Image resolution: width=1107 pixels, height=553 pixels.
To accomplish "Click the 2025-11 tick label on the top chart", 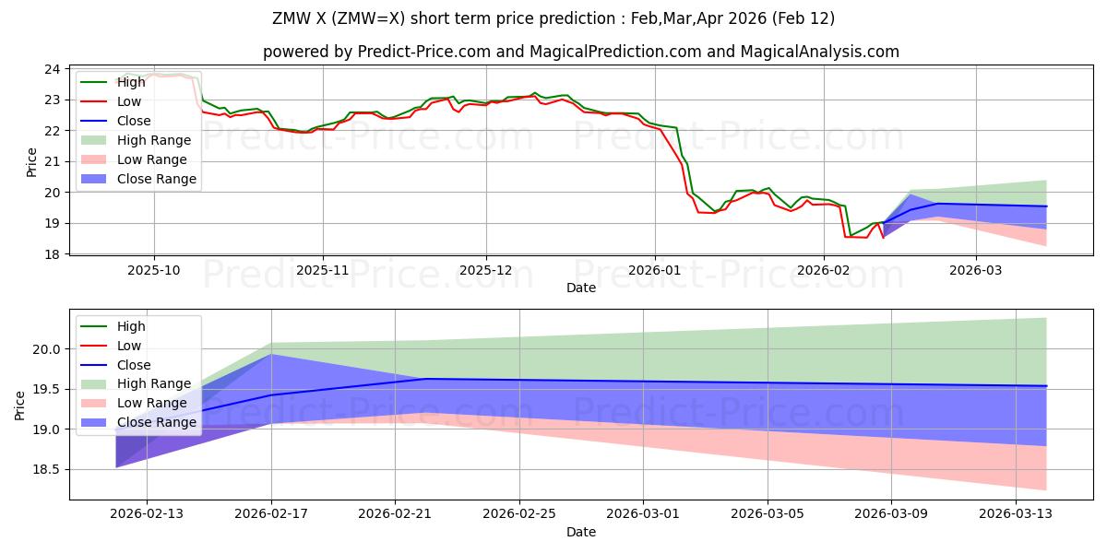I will (x=323, y=271).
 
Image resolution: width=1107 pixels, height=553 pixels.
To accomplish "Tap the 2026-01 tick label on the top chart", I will (x=654, y=271).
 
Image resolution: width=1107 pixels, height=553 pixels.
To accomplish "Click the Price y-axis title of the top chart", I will (x=32, y=162).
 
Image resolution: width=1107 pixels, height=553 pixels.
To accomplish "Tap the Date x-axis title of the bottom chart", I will (x=581, y=532).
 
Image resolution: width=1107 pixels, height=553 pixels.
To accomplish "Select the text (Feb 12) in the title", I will (x=806, y=18).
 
